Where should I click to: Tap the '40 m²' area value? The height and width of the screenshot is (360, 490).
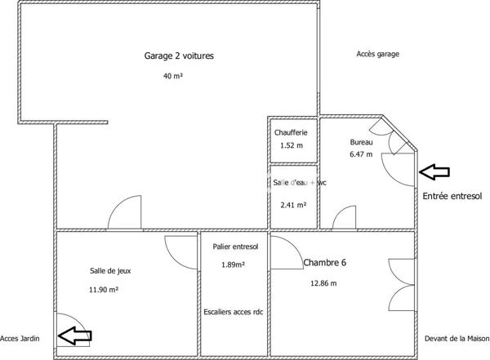click(172, 77)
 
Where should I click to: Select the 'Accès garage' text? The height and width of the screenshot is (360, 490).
click(378, 54)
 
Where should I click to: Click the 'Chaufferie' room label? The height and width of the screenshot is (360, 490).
click(291, 132)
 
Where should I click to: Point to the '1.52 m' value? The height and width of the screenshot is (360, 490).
click(291, 145)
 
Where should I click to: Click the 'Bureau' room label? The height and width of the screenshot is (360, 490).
click(361, 142)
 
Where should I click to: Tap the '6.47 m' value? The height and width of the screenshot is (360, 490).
click(361, 153)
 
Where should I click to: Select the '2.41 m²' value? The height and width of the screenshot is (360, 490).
click(293, 205)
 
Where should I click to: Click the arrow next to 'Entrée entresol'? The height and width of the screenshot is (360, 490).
click(434, 171)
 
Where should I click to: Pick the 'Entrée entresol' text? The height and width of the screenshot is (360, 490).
click(452, 196)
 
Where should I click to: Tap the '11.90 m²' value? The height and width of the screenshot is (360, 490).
click(105, 289)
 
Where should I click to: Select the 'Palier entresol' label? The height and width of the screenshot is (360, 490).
click(235, 247)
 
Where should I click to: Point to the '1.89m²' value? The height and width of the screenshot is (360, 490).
click(234, 264)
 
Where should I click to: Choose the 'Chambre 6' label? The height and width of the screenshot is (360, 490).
click(325, 263)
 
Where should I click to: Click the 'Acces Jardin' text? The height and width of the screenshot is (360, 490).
click(20, 338)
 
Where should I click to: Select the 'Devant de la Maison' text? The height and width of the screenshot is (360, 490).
click(457, 338)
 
